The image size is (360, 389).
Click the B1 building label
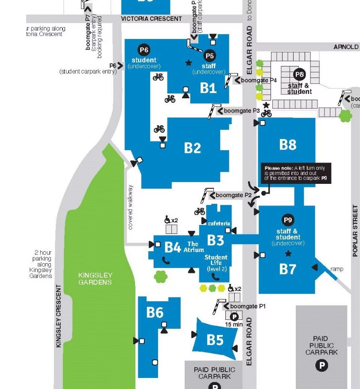[x=208, y=88]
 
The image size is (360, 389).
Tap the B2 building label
[x=193, y=148]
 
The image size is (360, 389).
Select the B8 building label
[x=287, y=144]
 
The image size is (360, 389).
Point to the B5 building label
[x=215, y=339]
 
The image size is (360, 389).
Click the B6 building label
[x=155, y=312]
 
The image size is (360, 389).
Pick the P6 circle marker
[x=144, y=50]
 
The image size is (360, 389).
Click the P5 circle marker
[x=209, y=56]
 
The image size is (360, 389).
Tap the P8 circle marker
[x=300, y=74]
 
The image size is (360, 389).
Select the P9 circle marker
[x=288, y=220]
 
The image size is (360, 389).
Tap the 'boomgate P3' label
[x=241, y=111]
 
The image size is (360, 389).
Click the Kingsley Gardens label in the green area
[x=95, y=278]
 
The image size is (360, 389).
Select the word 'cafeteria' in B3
[x=219, y=223]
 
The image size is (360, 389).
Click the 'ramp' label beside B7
[x=337, y=269]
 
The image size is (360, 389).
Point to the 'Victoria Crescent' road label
[x=151, y=19]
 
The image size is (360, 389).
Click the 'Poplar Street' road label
[x=355, y=231]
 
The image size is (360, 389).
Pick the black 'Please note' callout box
[x=296, y=173]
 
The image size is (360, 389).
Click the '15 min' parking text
[x=234, y=324]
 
